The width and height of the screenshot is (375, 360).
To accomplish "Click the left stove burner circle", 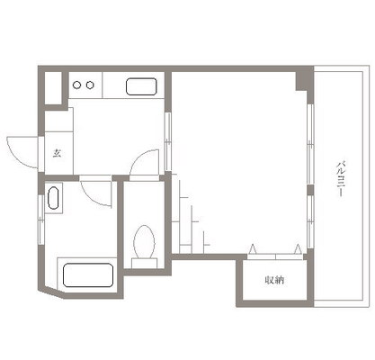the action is (x=77, y=85).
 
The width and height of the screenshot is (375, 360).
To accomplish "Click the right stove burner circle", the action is (x=90, y=85).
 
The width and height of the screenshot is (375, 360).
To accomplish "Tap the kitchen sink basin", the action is (x=141, y=86).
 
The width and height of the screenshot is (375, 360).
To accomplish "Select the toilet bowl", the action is (x=144, y=241).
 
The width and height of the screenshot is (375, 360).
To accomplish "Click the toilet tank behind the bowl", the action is (x=144, y=263).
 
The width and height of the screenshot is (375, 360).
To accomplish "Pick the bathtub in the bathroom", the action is (x=88, y=275).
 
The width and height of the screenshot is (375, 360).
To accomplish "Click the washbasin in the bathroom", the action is (x=53, y=198).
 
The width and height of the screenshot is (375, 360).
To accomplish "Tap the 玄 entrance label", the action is (x=58, y=153).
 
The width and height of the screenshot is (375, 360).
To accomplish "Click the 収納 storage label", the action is (x=274, y=280).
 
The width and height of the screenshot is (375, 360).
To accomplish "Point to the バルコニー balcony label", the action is (x=341, y=179).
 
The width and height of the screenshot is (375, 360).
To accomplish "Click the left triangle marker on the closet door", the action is (x=253, y=249).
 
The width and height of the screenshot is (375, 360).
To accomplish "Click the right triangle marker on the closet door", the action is (x=298, y=249).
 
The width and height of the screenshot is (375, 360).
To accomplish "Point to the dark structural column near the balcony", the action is (x=304, y=81).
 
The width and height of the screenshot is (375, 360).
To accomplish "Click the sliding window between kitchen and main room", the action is (x=168, y=141).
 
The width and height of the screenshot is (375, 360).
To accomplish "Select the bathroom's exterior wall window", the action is (x=41, y=220).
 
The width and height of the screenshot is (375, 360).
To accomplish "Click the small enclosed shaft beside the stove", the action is (x=53, y=88).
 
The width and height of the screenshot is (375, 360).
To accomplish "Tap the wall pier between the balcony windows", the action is (x=310, y=190).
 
